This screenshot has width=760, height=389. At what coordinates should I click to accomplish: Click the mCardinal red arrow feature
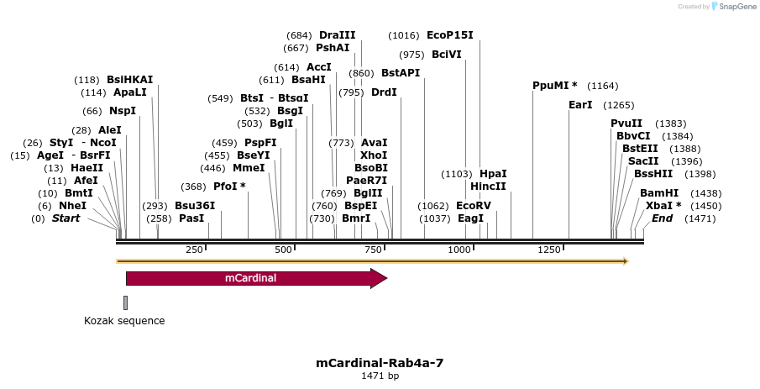click(252, 278)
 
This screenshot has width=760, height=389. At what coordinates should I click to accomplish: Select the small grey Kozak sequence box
click(125, 302)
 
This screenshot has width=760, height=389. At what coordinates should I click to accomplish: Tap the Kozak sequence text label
click(124, 321)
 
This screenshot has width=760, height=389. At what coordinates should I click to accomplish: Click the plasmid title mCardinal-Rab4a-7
click(380, 363)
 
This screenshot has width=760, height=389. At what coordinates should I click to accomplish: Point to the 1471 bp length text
click(380, 376)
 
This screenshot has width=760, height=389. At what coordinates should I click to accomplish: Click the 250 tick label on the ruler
click(194, 250)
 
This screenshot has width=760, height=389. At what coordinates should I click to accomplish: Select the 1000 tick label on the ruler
click(459, 250)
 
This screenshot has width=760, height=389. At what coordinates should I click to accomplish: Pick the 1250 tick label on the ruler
click(549, 250)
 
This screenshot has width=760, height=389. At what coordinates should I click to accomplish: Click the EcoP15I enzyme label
click(449, 35)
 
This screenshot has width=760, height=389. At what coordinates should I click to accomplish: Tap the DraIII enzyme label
click(337, 35)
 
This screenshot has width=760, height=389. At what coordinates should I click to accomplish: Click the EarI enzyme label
click(580, 105)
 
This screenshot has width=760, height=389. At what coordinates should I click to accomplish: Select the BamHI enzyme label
click(659, 192)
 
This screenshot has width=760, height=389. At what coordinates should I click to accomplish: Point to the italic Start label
click(66, 218)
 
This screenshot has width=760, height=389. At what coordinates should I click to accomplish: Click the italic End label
click(662, 218)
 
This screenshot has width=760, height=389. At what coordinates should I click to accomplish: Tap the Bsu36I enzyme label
click(195, 205)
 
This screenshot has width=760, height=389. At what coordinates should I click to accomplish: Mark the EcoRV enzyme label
click(474, 205)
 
